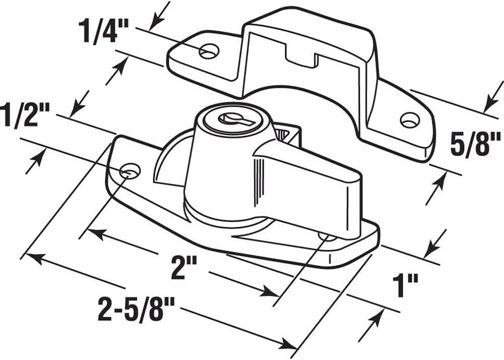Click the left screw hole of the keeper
pyautogui.click(x=209, y=51)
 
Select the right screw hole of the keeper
pyautogui.click(x=409, y=120)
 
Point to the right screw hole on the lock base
pyautogui.click(x=327, y=235)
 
